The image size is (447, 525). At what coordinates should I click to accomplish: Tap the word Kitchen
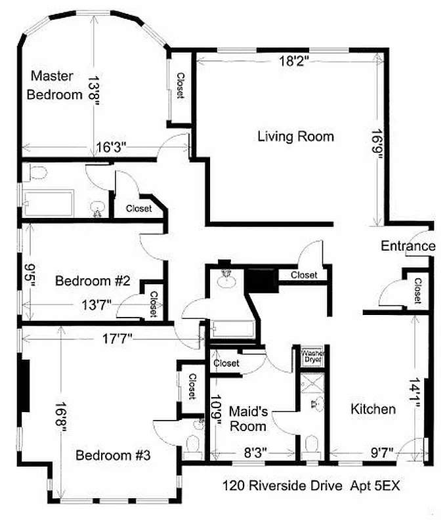[372, 409]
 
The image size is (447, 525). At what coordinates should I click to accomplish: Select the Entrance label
[408, 246]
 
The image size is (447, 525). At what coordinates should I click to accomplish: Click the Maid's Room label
[247, 419]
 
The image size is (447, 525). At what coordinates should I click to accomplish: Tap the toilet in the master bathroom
[40, 174]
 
